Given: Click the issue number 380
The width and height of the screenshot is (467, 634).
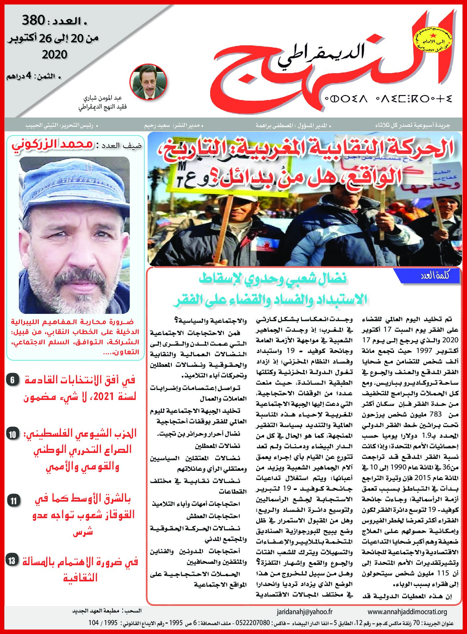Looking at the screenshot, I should (33, 21).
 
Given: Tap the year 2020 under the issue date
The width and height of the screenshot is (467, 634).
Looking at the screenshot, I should (54, 55).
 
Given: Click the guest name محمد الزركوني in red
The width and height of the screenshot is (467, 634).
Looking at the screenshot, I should (53, 145).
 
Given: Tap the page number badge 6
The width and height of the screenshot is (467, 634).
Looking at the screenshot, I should (12, 380).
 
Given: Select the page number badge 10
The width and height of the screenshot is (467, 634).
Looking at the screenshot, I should (12, 434).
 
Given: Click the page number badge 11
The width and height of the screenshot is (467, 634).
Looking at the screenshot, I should (13, 500).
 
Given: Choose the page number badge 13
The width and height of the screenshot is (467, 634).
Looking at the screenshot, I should (12, 561).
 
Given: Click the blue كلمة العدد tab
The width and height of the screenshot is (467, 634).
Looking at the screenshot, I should (431, 276).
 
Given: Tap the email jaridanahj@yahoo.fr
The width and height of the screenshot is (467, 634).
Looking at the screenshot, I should (304, 612).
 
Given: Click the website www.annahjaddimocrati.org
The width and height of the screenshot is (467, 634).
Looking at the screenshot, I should (407, 612).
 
